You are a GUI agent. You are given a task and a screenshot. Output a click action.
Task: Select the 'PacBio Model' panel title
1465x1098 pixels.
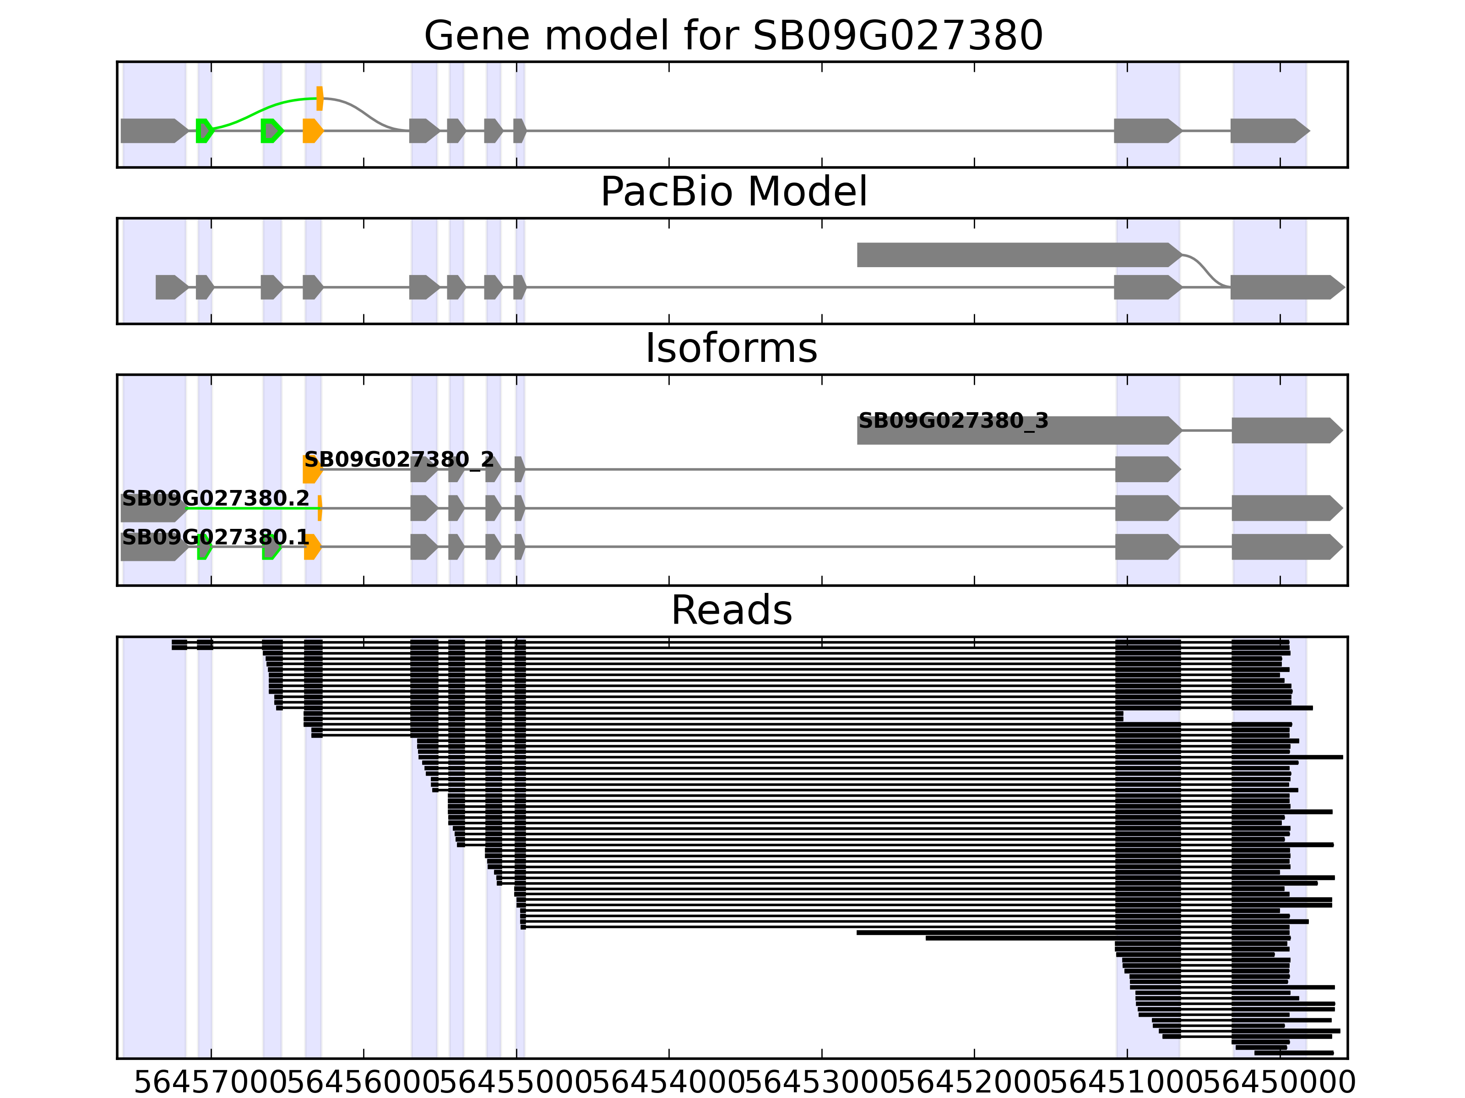(732, 192)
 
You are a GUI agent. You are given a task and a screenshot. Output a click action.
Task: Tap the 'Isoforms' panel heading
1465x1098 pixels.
(731, 348)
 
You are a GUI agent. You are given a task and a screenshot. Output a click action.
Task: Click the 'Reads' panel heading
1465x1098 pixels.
(731, 610)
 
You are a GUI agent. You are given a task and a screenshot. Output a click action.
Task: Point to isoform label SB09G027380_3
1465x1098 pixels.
(953, 421)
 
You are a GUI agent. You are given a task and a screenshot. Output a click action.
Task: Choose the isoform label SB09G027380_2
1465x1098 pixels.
(399, 459)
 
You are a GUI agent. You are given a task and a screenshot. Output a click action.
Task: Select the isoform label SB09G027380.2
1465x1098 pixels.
(215, 498)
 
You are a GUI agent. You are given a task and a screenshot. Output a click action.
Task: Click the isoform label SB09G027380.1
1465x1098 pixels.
(215, 537)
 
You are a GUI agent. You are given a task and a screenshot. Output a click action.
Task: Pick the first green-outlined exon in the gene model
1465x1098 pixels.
(204, 130)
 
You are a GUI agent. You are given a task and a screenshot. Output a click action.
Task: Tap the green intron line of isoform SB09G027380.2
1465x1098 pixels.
(252, 508)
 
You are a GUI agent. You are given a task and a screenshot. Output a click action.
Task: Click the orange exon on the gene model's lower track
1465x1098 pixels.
(312, 130)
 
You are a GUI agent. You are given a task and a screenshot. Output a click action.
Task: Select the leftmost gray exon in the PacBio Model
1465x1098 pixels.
(171, 287)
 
